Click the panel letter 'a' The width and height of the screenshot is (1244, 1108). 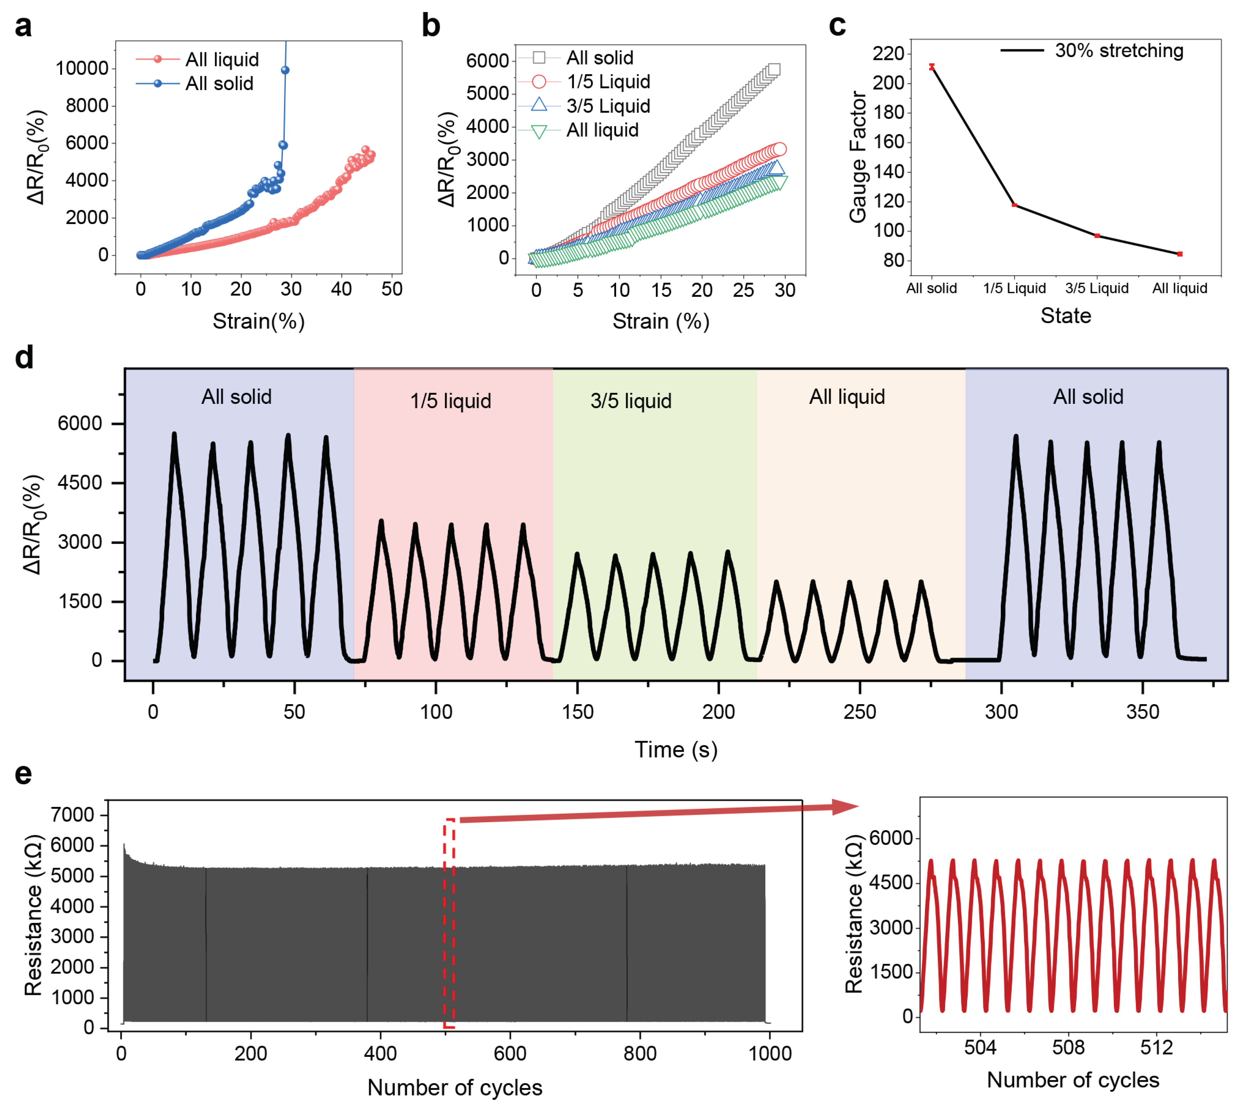pyautogui.click(x=23, y=27)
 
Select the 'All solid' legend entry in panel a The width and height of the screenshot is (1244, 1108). pyautogui.click(x=219, y=83)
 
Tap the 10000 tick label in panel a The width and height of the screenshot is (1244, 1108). pyautogui.click(x=82, y=68)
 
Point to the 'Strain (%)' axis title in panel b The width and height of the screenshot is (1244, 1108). pyautogui.click(x=660, y=321)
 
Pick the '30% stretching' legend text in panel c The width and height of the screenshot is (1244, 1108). pyautogui.click(x=1119, y=51)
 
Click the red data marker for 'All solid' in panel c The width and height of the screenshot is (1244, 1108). pyautogui.click(x=932, y=67)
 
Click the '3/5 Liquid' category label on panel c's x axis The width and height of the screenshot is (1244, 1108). pyautogui.click(x=1097, y=288)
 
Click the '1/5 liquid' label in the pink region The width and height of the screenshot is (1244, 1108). pyautogui.click(x=450, y=401)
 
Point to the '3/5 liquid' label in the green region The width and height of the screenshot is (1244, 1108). pyautogui.click(x=631, y=401)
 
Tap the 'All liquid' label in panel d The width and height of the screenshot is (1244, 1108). pyautogui.click(x=847, y=397)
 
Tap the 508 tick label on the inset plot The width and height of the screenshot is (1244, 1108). pyautogui.click(x=1068, y=1047)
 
